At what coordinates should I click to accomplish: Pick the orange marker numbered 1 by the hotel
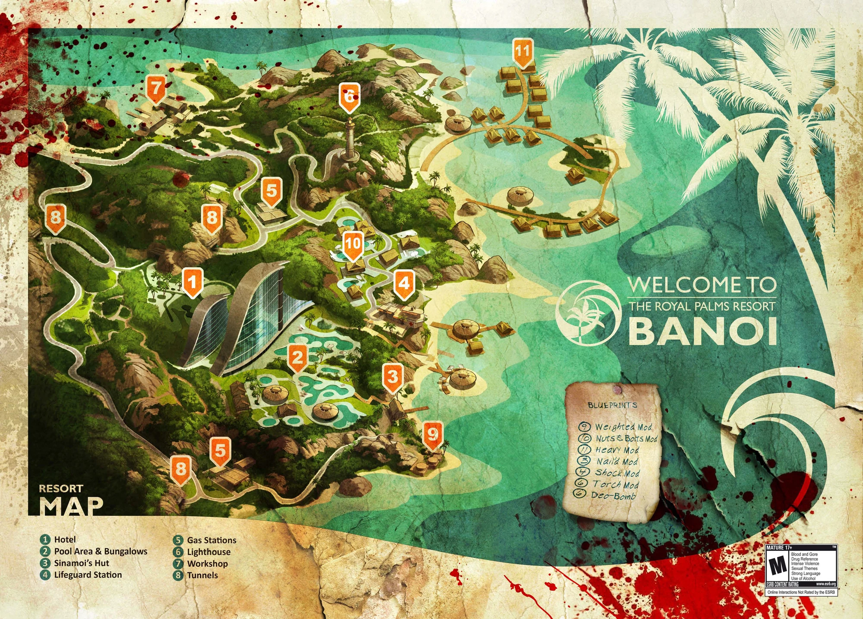point(192,282)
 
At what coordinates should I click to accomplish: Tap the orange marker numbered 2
point(297,358)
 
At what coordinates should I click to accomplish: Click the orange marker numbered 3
point(392,377)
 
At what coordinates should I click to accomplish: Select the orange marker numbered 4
point(404,284)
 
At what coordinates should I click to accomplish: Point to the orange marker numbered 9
point(432,434)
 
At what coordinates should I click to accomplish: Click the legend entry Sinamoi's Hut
point(82,563)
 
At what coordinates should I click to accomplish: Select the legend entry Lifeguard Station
point(88,575)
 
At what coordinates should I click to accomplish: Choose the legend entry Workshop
point(207,563)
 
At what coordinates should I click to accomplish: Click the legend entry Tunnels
point(202,575)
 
